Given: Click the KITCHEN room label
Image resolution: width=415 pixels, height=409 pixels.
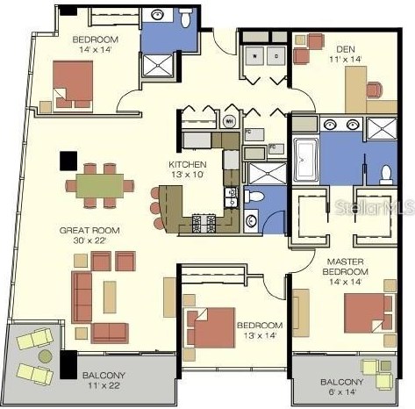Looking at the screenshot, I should click(188, 164).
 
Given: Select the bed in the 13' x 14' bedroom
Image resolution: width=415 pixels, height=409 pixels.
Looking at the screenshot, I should click(209, 327).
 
